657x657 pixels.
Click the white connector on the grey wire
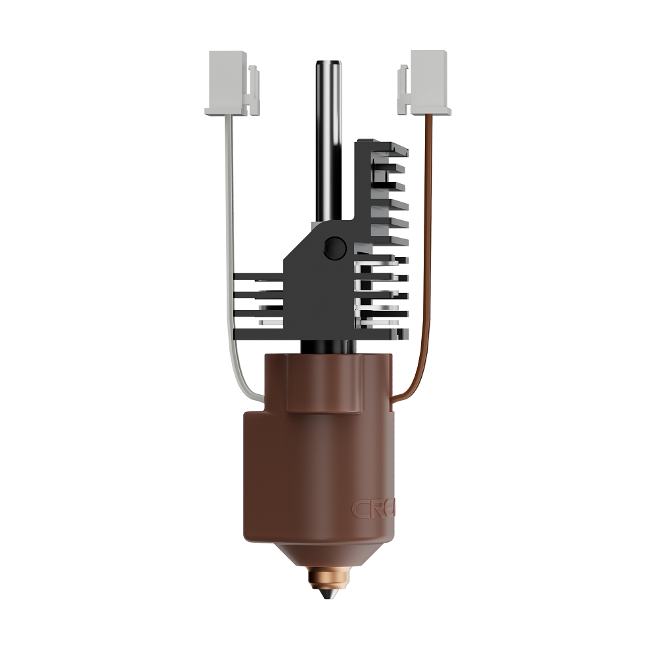230,83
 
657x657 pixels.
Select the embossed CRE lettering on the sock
372,508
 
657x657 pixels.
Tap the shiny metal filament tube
328,131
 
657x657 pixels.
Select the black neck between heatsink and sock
328,346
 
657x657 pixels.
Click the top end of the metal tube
328,64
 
